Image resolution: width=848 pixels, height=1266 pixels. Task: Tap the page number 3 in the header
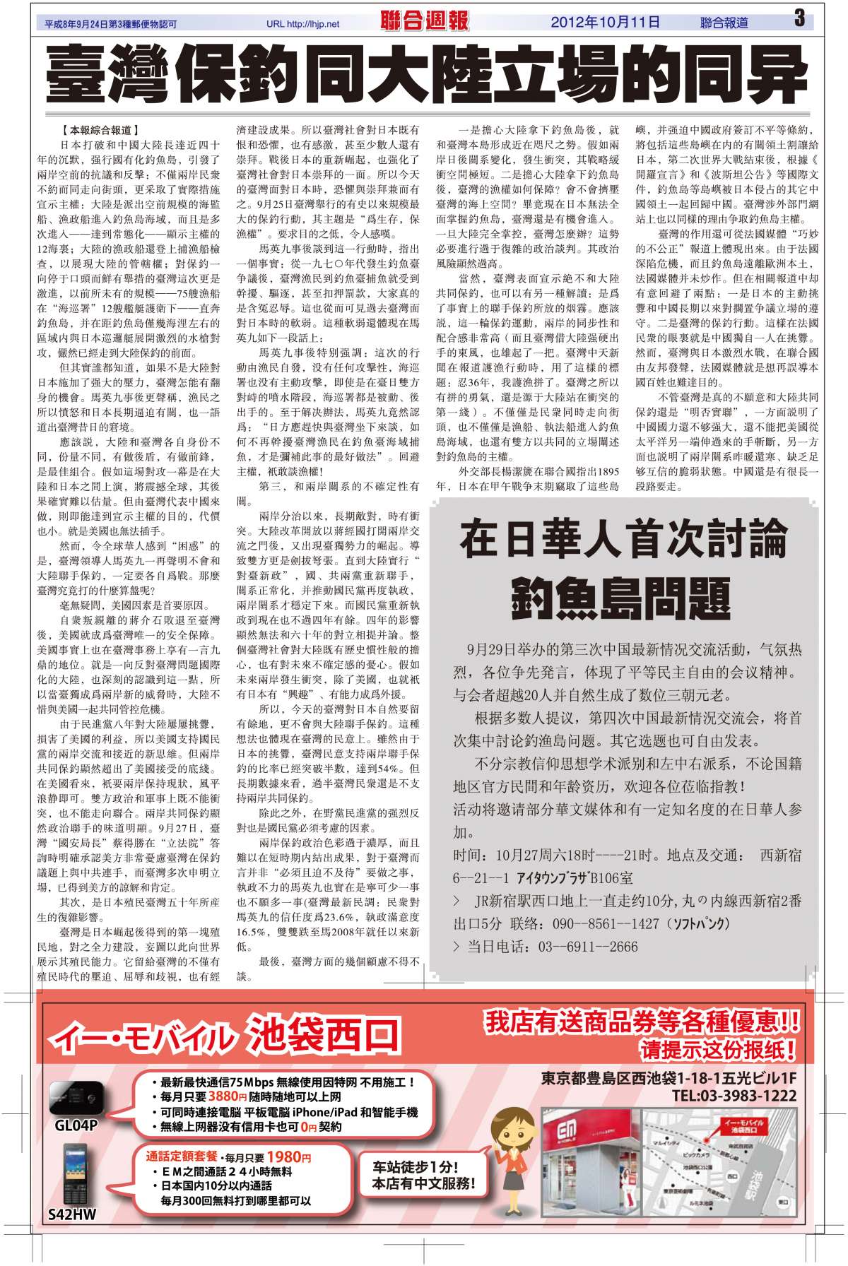click(x=799, y=19)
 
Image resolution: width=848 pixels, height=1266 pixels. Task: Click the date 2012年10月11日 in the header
click(x=606, y=23)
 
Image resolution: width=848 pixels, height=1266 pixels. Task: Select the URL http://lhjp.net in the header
click(x=303, y=24)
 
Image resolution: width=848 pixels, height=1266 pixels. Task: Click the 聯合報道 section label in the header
click(x=724, y=23)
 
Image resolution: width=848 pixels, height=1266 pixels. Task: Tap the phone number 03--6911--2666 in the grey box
click(x=588, y=946)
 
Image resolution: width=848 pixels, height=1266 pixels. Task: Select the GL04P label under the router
click(x=76, y=1125)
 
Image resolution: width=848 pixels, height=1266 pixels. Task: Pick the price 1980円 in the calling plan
click(x=288, y=1157)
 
